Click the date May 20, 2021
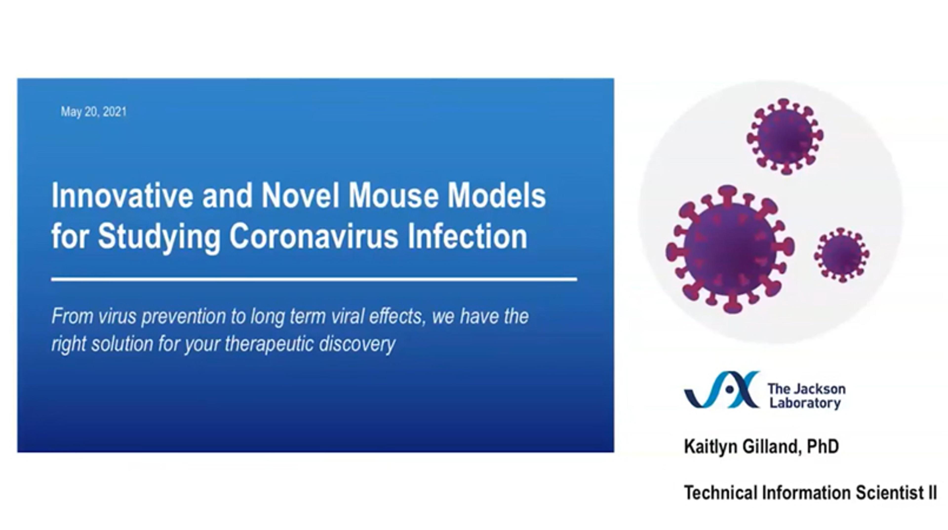tap(94, 112)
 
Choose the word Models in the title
tap(496, 196)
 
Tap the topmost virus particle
tap(785, 137)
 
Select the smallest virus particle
tap(842, 255)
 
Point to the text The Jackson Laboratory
tap(806, 396)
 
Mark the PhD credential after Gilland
tap(823, 447)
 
